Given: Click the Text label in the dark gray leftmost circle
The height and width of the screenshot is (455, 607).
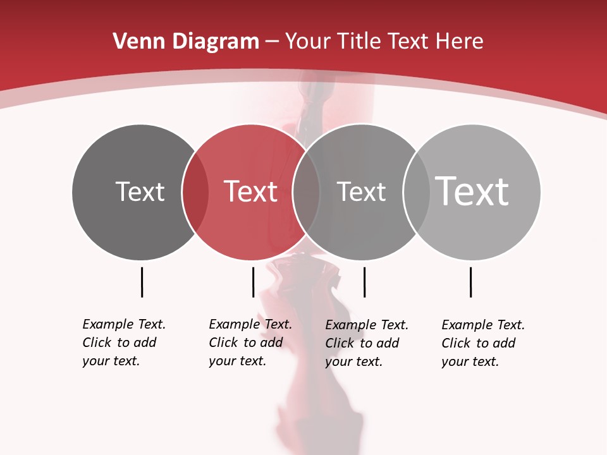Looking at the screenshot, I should [x=140, y=191].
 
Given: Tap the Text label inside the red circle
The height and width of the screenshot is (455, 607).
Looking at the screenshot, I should [x=250, y=191].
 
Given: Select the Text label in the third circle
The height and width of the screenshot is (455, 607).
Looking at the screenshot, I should [x=361, y=191].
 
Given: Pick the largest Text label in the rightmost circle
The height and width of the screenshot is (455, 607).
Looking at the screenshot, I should [x=472, y=191].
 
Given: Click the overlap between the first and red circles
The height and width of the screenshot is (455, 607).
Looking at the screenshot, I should [x=195, y=192].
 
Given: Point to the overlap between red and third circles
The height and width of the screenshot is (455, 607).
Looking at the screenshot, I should [x=306, y=192].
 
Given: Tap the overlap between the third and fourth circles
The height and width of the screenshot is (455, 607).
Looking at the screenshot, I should [x=416, y=192].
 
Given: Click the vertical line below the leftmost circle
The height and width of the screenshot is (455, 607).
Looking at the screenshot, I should [x=142, y=282].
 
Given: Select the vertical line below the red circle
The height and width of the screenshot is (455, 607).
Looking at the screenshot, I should [x=253, y=282].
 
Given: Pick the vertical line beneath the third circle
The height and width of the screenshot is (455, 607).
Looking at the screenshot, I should [x=364, y=282].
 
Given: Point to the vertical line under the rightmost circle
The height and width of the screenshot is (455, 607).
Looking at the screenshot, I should [x=470, y=282].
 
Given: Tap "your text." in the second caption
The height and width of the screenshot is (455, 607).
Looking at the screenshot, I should [x=237, y=361].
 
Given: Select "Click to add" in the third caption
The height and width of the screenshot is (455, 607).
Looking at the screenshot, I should [x=362, y=343].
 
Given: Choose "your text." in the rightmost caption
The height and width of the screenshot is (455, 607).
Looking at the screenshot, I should [x=470, y=361].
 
